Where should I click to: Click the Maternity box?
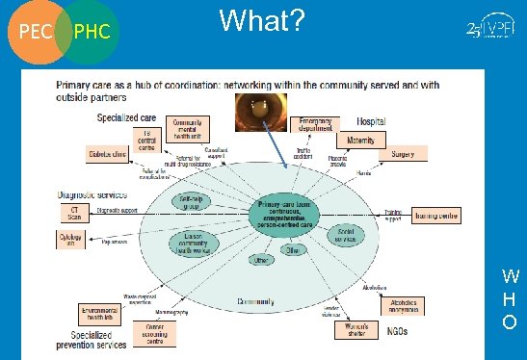click(x=362, y=141)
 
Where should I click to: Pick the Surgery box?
click(x=403, y=155)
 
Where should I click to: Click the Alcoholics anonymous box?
click(x=397, y=305)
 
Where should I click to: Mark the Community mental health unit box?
click(x=188, y=130)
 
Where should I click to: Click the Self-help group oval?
click(x=191, y=202)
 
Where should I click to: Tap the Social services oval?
click(x=346, y=235)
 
